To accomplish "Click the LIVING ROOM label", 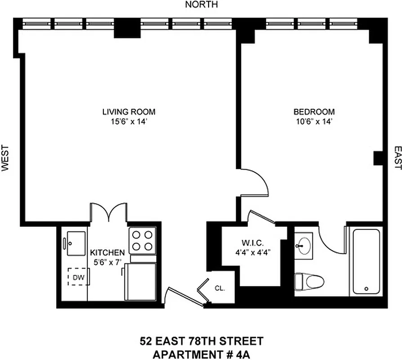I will click(x=129, y=112).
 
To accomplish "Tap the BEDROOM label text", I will click(x=314, y=112).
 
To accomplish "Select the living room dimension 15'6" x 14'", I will click(x=129, y=121).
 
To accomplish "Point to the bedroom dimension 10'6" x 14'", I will click(x=314, y=121).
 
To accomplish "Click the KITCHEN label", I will click(x=107, y=252).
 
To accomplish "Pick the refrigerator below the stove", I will click(x=141, y=282).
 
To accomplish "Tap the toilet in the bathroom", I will click(x=309, y=282).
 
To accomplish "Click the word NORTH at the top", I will click(x=201, y=5).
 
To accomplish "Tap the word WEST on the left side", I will click(x=5, y=158).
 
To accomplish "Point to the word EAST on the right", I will click(x=397, y=158).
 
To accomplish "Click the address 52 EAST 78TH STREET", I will click(x=201, y=341).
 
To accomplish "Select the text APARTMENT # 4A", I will click(x=201, y=354).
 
